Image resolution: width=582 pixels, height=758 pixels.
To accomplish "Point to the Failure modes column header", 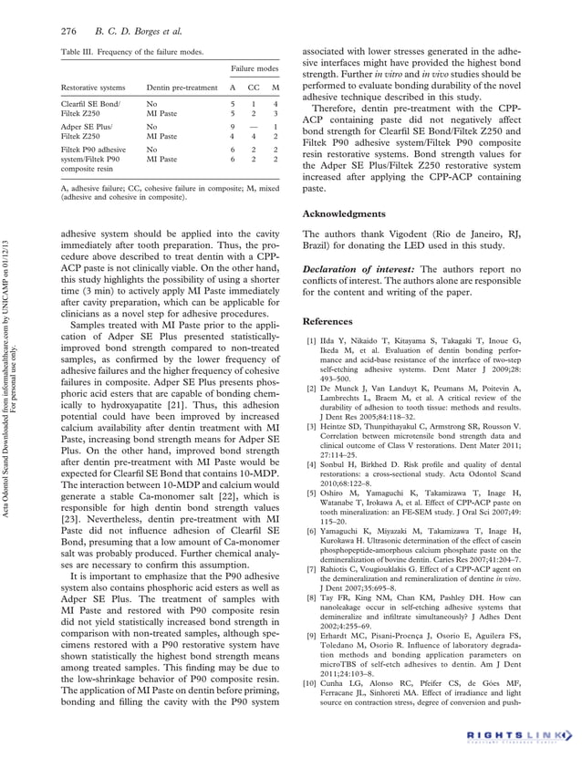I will [254, 68].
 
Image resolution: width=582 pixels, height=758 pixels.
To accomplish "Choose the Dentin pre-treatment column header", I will [182, 88].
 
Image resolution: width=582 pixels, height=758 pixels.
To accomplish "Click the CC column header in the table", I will [255, 88].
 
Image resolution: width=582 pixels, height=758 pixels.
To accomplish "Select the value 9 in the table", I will [234, 128].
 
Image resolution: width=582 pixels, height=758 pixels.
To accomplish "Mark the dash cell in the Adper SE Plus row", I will [255, 128].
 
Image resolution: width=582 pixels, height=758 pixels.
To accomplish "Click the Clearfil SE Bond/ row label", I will [90, 104].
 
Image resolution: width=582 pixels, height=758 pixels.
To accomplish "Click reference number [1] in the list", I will [310, 340].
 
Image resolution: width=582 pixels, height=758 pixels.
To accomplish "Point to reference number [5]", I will [310, 493].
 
